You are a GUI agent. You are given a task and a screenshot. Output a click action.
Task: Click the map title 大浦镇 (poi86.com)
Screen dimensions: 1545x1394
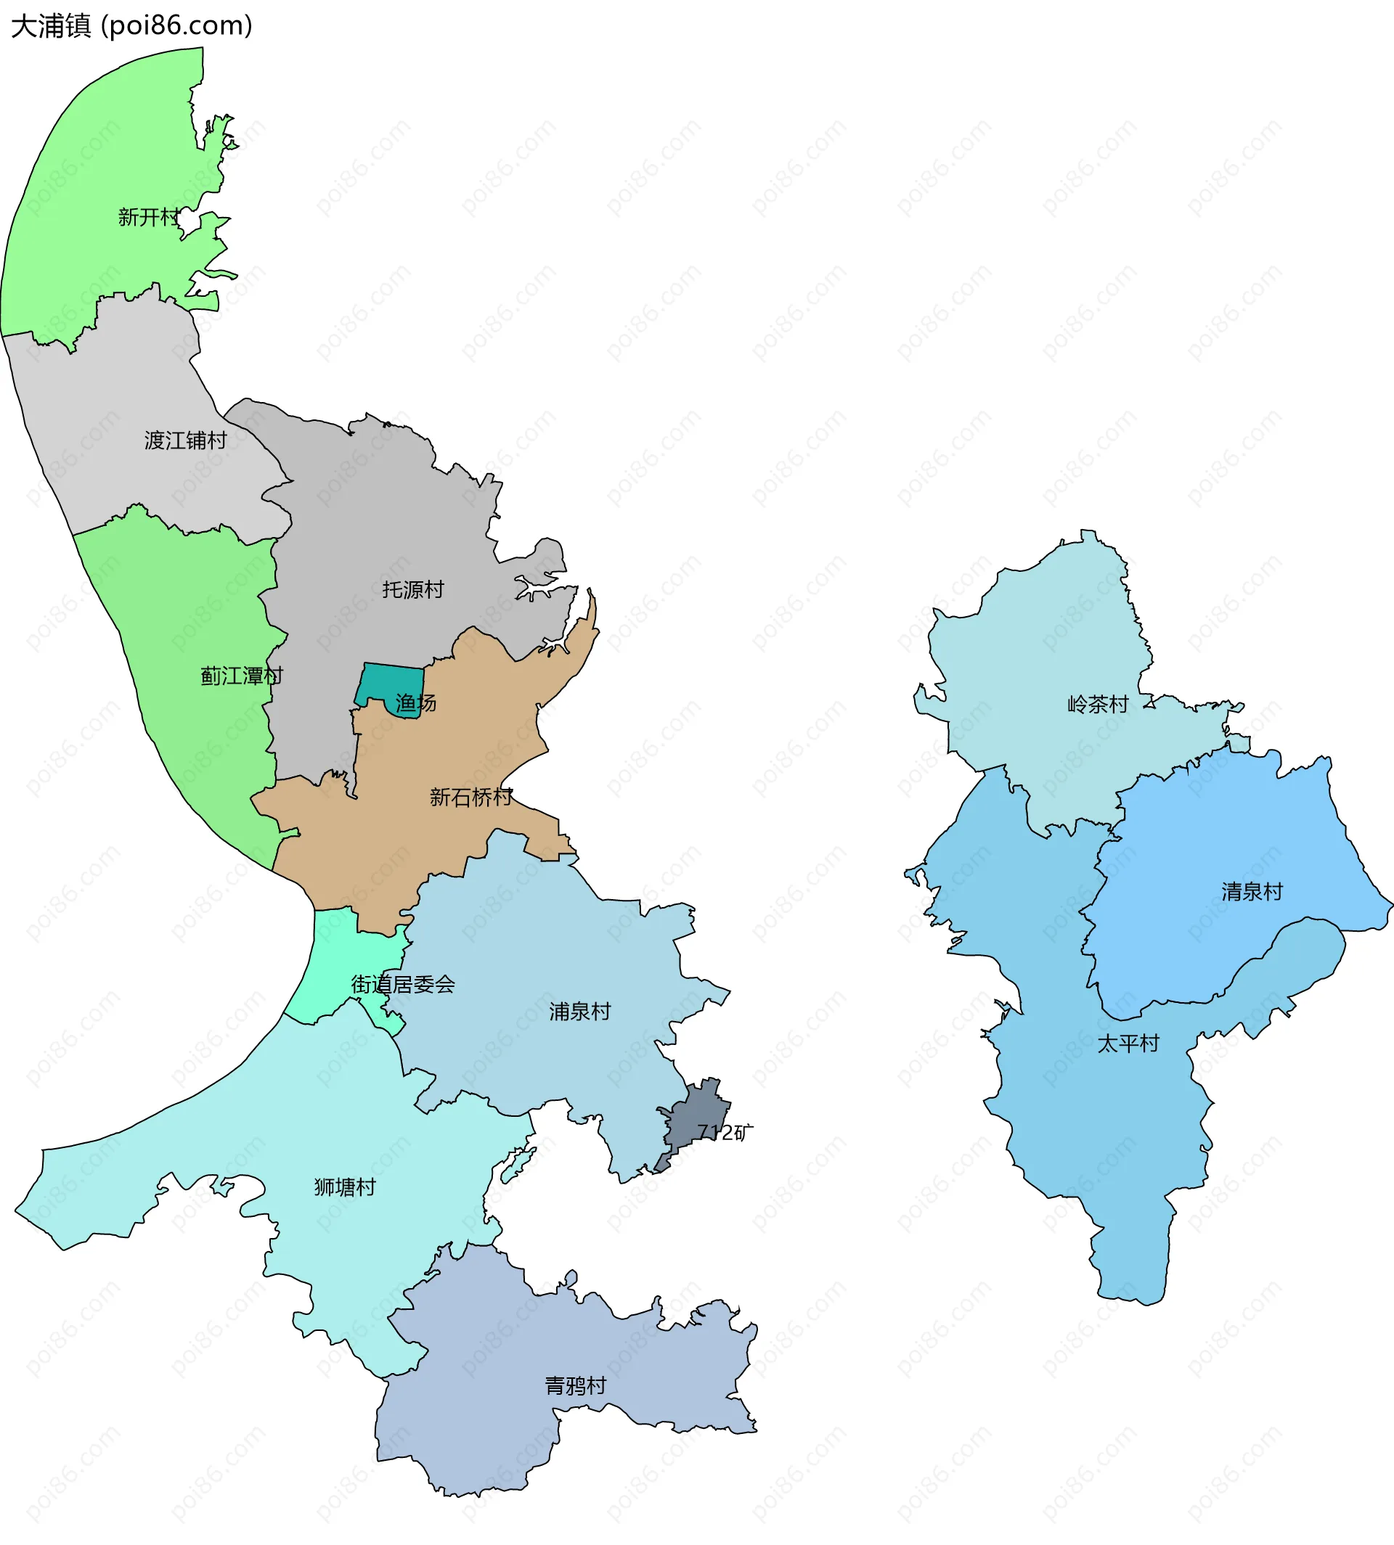(131, 26)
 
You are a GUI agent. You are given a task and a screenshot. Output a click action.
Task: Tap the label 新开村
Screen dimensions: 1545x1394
(149, 218)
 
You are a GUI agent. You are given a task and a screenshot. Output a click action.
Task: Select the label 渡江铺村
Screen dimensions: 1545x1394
(185, 440)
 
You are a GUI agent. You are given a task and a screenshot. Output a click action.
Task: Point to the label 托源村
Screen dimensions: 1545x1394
(413, 589)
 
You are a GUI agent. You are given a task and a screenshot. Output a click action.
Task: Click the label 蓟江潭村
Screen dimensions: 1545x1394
(241, 676)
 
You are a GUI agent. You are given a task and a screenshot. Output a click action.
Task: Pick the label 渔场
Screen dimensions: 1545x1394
(416, 702)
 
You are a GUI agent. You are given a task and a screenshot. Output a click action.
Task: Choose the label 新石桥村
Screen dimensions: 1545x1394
(470, 798)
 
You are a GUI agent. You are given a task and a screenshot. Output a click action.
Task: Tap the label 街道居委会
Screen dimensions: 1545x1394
(403, 985)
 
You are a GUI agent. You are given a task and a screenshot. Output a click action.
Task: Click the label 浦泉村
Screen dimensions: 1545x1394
(580, 1012)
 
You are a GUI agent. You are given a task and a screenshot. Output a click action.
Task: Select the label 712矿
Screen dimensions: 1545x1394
(725, 1132)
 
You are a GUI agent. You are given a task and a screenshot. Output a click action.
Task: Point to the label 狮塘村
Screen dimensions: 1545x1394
(345, 1187)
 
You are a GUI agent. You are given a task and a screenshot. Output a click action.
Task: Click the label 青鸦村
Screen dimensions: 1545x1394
(575, 1386)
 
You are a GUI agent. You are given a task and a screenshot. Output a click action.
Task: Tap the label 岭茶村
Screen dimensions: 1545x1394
(1099, 705)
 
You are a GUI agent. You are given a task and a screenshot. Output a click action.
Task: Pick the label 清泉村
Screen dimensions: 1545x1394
(1252, 892)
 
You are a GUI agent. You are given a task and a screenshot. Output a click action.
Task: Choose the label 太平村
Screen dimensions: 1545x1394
(1128, 1044)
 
